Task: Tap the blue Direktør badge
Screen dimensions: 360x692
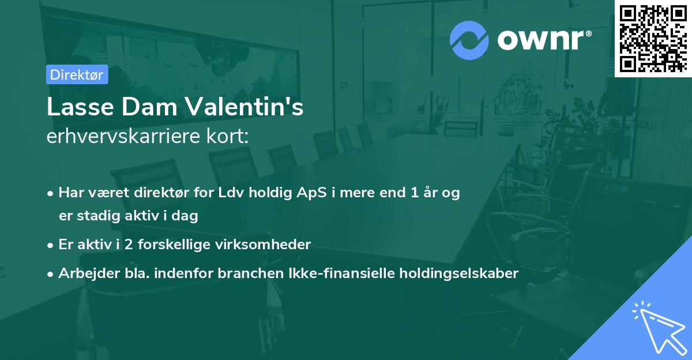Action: (77, 74)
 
